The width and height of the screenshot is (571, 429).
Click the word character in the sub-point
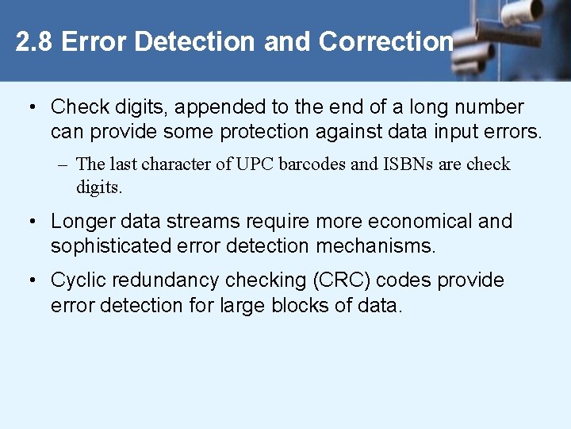tap(178, 164)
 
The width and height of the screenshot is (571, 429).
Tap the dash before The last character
tap(63, 165)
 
